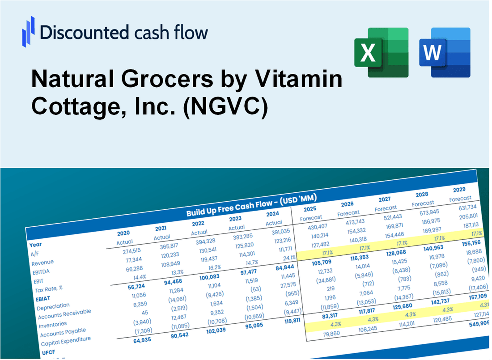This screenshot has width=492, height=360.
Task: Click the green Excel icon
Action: [x=382, y=53]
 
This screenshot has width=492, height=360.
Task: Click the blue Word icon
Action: [x=445, y=53]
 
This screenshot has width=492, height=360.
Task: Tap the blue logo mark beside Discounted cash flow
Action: [x=28, y=32]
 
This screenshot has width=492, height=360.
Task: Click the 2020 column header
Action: [x=123, y=233]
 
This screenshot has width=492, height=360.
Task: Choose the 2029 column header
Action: [x=459, y=189]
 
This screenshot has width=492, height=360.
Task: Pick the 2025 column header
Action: [x=310, y=209]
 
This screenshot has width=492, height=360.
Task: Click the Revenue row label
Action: [x=42, y=262]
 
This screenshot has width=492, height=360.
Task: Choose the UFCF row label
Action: [x=48, y=352]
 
